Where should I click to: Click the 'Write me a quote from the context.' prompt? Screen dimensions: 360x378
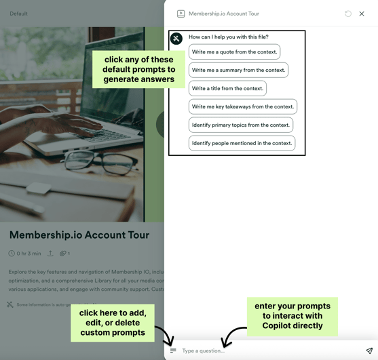[234, 52]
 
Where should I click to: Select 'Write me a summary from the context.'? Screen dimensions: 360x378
[238, 71]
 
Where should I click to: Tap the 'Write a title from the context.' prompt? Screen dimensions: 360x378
[227, 89]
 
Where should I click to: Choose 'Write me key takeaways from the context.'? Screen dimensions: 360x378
[242, 107]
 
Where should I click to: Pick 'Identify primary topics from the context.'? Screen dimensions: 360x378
[240, 125]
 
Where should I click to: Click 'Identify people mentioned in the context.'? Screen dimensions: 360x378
[242, 144]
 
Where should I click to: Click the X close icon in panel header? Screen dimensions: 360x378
[362, 14]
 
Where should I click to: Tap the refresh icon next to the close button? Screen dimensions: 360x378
[348, 14]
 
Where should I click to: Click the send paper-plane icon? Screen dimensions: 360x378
[369, 351]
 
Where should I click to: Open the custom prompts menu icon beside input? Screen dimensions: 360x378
[173, 351]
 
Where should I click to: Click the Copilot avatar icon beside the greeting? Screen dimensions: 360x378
[176, 39]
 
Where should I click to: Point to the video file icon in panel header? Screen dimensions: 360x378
[181, 14]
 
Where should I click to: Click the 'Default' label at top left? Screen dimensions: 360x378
[18, 14]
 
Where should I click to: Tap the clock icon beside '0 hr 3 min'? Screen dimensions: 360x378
[12, 254]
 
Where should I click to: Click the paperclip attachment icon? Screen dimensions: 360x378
[62, 254]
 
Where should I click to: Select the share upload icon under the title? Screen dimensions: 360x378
[50, 254]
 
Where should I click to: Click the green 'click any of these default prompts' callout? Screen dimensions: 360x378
[138, 69]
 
